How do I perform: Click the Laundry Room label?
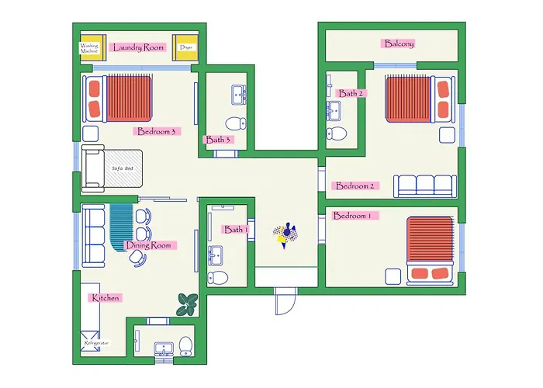click(x=138, y=47)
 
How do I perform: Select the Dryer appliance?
click(x=185, y=48)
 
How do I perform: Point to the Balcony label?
click(x=399, y=43)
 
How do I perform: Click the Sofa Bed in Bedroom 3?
click(x=112, y=168)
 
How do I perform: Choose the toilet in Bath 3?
click(x=236, y=123)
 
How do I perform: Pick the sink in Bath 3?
click(x=239, y=95)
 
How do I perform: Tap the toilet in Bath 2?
click(x=336, y=133)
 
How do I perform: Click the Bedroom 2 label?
click(x=355, y=186)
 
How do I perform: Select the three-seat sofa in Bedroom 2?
click(x=425, y=186)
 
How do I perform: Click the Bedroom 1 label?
click(x=352, y=216)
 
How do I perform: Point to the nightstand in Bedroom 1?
click(x=393, y=277)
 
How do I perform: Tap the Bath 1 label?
click(x=236, y=230)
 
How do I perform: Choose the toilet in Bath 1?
click(x=218, y=278)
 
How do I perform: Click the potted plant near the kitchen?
click(x=188, y=304)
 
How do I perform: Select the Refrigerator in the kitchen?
click(x=91, y=341)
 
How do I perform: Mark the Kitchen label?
click(x=105, y=298)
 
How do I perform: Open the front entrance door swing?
click(x=285, y=301)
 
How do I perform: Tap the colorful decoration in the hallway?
click(x=285, y=234)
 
